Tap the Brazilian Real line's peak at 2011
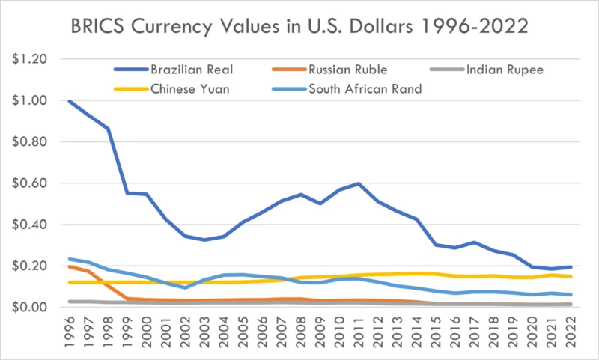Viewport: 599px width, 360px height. pos(359,183)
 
